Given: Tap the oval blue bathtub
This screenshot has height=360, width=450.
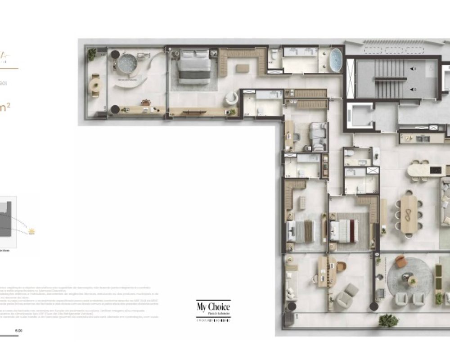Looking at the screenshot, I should click(335, 58).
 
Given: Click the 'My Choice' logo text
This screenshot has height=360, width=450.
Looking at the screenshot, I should click(213, 308).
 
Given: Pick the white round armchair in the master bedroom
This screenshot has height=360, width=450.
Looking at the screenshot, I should click(231, 97).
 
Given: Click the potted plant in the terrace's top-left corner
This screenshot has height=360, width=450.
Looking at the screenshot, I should click(92, 54).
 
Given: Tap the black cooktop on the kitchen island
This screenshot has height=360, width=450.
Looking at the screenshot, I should click(436, 170).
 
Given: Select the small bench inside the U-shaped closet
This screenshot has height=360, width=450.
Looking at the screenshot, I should click(242, 68).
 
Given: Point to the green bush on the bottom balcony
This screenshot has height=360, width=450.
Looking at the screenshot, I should click(388, 320).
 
